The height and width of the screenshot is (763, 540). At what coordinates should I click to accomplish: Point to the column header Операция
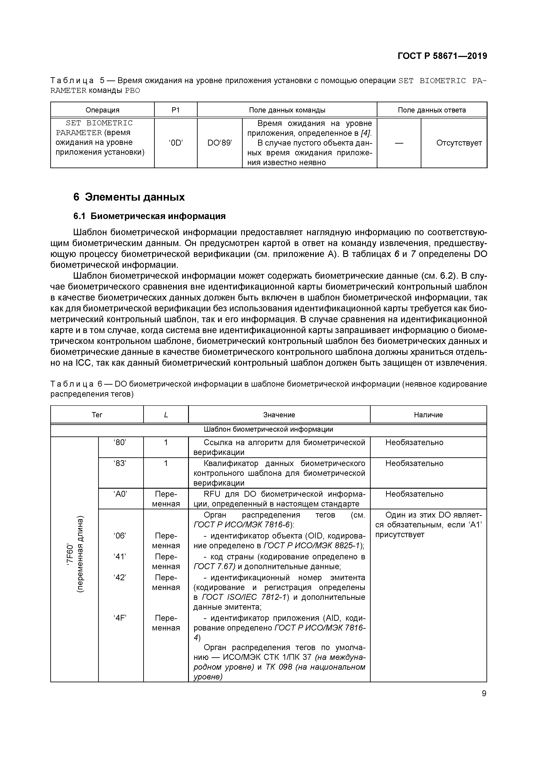point(103,110)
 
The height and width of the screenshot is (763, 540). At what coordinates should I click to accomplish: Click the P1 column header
point(176,110)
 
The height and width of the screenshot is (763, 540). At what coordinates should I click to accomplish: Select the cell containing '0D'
point(176,143)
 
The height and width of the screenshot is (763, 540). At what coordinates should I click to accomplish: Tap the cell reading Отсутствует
point(459,143)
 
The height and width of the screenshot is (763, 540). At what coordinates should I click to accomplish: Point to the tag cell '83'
point(120,463)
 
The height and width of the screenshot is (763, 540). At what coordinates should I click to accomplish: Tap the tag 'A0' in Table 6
point(120,494)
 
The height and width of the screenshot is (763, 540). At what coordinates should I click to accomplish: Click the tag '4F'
point(120,618)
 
